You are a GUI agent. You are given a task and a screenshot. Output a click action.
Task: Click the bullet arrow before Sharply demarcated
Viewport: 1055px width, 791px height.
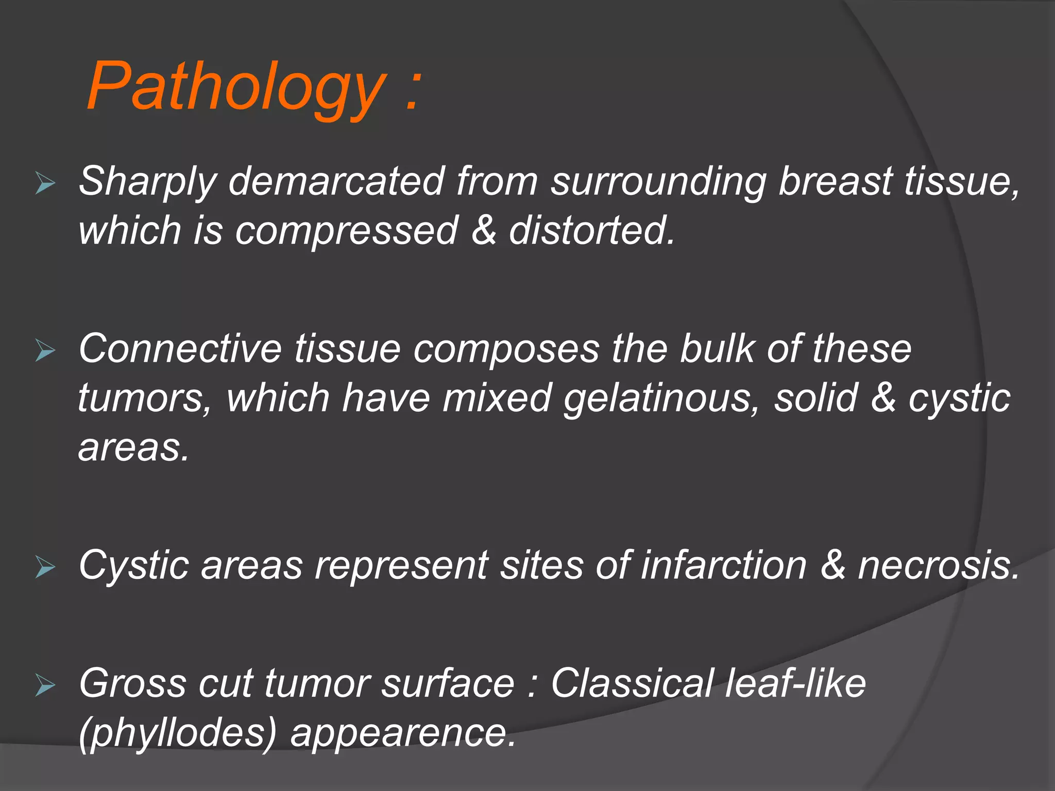(45, 184)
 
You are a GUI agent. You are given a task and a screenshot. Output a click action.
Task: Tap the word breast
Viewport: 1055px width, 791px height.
(835, 181)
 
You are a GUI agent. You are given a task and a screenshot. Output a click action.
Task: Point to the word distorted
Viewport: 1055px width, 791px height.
(591, 230)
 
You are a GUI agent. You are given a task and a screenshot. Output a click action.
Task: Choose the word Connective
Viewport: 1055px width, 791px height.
(180, 349)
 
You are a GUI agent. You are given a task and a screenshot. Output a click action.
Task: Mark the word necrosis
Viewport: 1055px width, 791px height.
(938, 565)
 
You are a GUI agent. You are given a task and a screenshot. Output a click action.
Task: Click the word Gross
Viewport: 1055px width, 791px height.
(132, 683)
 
